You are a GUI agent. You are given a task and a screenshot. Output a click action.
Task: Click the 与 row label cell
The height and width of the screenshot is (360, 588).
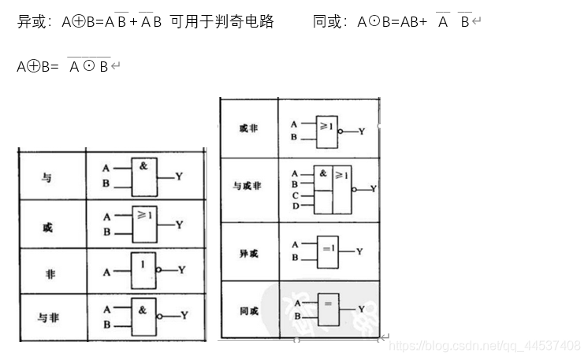click(47, 177)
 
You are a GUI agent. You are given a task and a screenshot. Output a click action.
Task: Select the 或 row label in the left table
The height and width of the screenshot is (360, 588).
click(47, 228)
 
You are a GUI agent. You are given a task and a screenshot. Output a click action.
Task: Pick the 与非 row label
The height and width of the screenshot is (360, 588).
click(48, 317)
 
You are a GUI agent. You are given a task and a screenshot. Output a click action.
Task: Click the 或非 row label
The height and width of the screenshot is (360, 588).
click(247, 128)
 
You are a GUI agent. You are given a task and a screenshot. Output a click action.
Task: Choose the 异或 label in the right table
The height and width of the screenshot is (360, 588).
click(248, 254)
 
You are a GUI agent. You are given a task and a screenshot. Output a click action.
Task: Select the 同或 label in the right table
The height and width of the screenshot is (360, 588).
click(248, 311)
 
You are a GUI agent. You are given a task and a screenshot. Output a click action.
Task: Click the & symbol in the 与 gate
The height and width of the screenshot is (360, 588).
click(143, 166)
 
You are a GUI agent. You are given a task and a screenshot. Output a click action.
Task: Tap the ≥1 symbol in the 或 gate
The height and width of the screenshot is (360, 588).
click(143, 213)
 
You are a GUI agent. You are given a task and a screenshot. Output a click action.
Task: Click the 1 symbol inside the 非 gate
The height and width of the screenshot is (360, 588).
click(143, 263)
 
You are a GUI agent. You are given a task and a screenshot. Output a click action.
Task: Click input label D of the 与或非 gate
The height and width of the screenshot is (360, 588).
click(295, 206)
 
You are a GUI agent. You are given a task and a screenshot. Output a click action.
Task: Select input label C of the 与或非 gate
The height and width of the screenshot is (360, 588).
click(295, 195)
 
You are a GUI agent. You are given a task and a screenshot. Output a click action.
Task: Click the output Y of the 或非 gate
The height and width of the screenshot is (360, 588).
click(362, 132)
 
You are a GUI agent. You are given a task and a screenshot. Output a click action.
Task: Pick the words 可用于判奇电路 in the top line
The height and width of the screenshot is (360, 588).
click(222, 22)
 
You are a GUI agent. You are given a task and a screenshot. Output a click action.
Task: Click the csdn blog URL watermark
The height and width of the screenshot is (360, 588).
click(486, 345)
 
